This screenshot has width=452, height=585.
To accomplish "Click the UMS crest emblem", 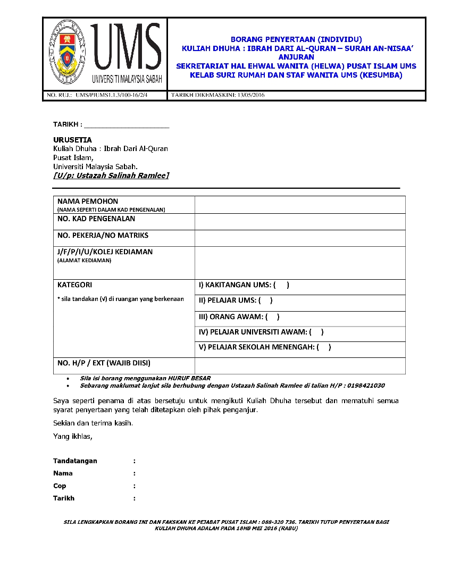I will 68,54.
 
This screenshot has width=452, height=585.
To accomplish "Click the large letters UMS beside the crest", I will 126,48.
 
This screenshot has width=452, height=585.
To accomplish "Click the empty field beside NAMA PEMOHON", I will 300,205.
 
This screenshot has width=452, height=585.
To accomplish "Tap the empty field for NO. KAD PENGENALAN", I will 300,222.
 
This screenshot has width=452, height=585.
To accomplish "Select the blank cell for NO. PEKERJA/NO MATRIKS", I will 300,238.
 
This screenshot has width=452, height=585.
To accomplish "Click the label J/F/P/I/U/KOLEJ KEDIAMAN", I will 105,252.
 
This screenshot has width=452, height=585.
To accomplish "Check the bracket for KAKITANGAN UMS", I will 281,285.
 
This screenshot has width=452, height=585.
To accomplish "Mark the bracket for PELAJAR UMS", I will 265,300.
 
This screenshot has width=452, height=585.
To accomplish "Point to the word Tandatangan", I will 75,461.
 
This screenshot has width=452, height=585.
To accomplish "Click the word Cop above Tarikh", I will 60,486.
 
